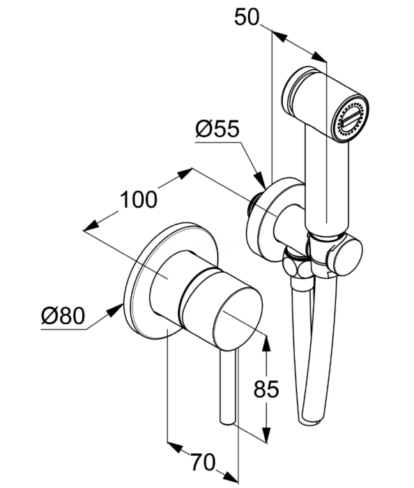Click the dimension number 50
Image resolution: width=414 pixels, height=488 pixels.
point(246,17)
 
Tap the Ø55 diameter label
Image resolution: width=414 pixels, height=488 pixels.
point(217,128)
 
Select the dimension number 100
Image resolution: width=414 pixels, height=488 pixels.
point(139,199)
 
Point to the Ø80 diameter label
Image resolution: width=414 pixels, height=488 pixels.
point(63,315)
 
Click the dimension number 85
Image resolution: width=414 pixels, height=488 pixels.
point(266,389)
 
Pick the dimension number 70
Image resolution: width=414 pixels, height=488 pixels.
point(203,462)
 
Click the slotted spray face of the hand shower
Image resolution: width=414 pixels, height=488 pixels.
point(351,119)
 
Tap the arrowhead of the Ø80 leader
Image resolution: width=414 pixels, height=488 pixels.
point(116,310)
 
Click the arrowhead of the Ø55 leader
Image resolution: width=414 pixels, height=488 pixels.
point(260,181)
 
